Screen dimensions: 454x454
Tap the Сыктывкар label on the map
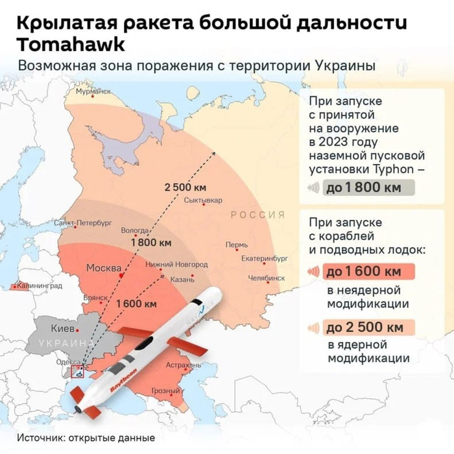click(x=203, y=200)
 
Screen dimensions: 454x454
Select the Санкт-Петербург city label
click(x=82, y=222)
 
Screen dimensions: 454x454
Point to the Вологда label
click(x=134, y=230)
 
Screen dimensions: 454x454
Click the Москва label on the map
click(x=104, y=268)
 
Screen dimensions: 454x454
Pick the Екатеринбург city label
click(x=264, y=258)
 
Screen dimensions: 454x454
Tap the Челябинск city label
click(x=267, y=278)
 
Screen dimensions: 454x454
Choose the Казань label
click(x=182, y=280)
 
